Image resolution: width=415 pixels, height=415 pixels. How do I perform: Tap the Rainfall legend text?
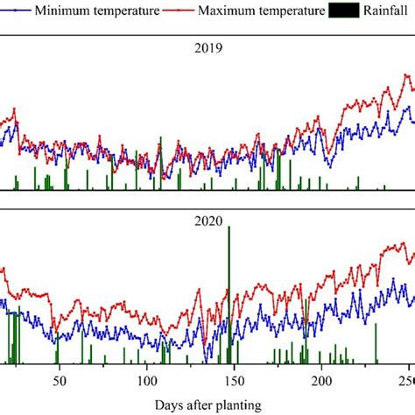pyautogui.click(x=384, y=12)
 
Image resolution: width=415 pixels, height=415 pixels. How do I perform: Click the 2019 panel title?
pyautogui.click(x=207, y=49)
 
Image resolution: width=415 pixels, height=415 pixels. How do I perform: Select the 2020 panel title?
pyautogui.click(x=207, y=222)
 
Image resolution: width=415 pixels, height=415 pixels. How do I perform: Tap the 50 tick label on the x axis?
pyautogui.click(x=59, y=382)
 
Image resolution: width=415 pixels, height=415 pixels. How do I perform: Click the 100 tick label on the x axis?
pyautogui.click(x=146, y=382)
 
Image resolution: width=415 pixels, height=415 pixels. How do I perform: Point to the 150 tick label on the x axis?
pyautogui.click(x=234, y=382)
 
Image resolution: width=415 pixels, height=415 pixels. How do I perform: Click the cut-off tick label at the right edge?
pyautogui.click(x=406, y=382)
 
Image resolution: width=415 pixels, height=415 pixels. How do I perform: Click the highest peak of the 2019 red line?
pyautogui.click(x=405, y=75)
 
